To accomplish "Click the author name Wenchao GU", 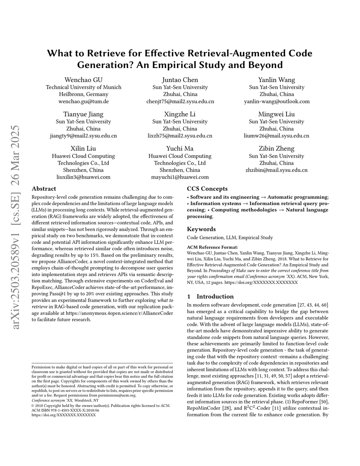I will (x=83, y=80).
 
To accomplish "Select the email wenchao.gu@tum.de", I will (x=83, y=101).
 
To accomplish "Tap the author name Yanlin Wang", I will (x=277, y=80).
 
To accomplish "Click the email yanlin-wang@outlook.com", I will (x=277, y=101).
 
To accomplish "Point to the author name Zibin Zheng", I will (x=277, y=148).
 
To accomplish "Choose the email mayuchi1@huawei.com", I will (x=180, y=177).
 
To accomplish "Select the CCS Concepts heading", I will (x=207, y=189).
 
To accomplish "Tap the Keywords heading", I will (x=201, y=229).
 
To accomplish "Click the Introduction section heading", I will (x=215, y=296).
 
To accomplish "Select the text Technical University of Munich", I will (x=83, y=87).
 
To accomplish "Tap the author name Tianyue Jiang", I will (x=83, y=114).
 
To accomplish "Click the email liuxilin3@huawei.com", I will (x=83, y=177).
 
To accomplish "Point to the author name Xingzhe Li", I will (x=180, y=114).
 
